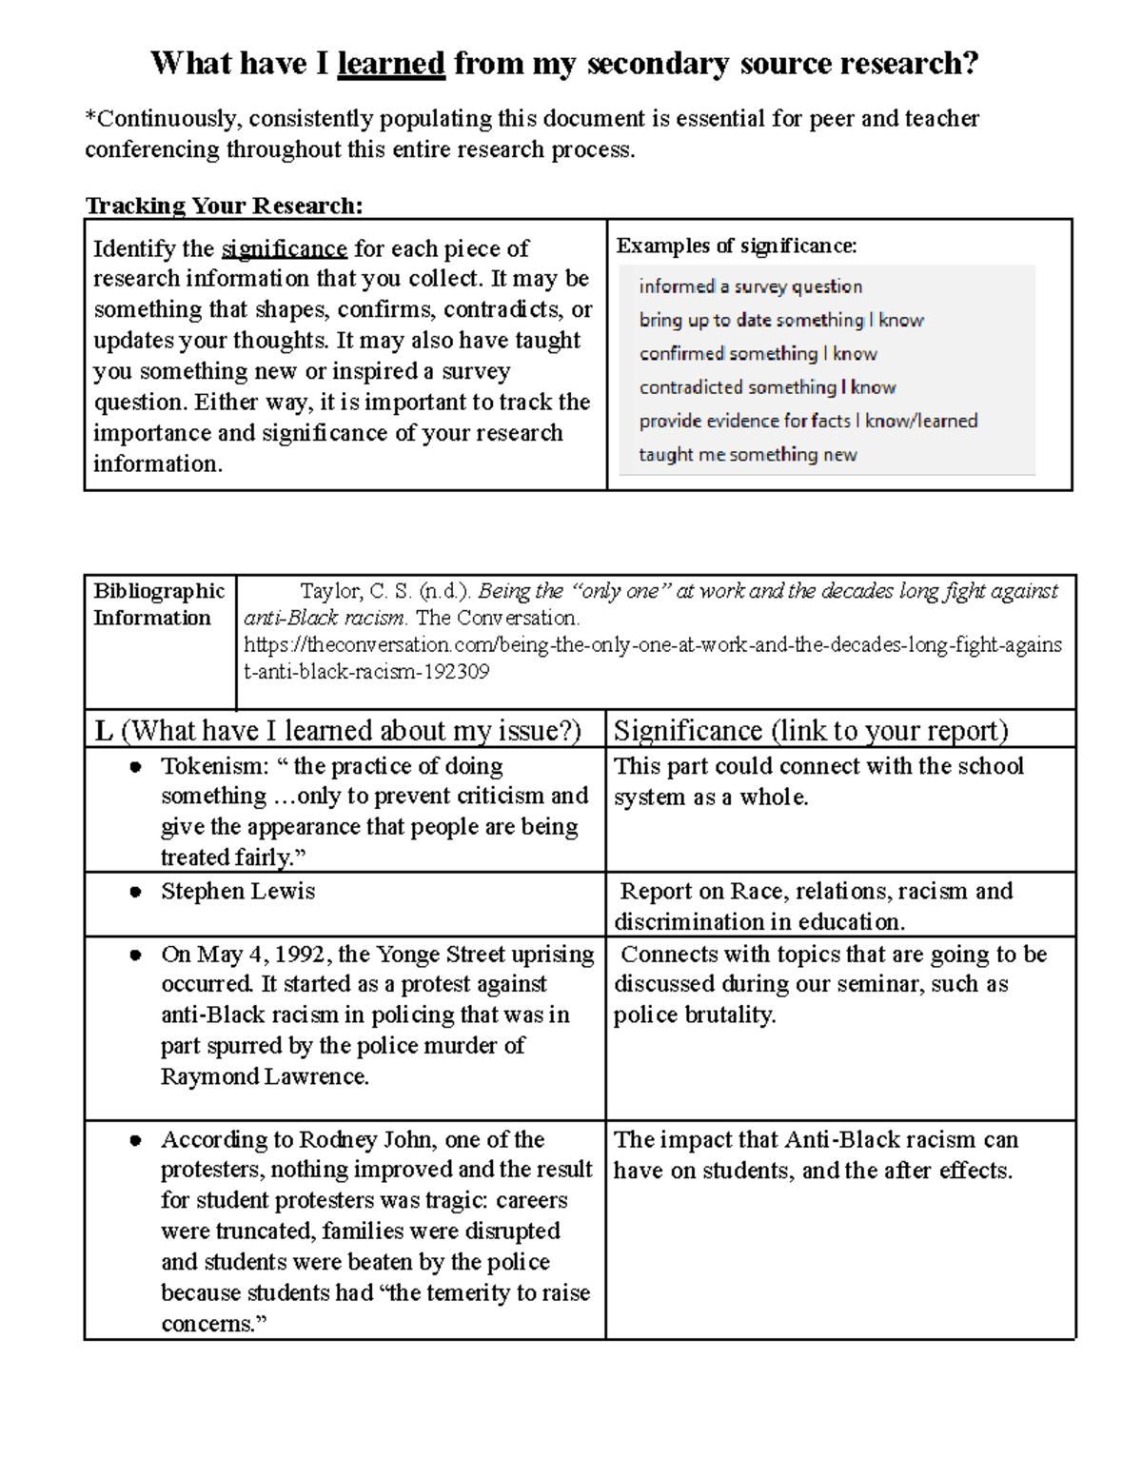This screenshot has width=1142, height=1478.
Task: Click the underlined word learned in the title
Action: [x=390, y=64]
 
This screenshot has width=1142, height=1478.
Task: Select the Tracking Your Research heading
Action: [x=224, y=206]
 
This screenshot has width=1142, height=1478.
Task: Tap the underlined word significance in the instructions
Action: [x=284, y=249]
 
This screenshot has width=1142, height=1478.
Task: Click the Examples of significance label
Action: [x=736, y=246]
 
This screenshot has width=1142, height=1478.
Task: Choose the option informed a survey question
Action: [x=750, y=286]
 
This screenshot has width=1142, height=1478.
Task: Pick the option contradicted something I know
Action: [x=767, y=387]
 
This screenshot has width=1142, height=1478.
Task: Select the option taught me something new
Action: [x=747, y=455]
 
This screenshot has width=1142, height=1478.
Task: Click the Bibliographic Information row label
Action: [x=158, y=604]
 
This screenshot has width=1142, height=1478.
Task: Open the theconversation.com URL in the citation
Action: [x=652, y=645]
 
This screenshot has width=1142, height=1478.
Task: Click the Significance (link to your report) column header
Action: [x=810, y=730]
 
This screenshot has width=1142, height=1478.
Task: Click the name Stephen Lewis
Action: [x=238, y=892]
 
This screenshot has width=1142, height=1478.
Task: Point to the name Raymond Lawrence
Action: [x=264, y=1077]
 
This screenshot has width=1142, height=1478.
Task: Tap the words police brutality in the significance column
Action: [x=694, y=1015]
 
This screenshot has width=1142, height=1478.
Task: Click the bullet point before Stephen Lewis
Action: [x=136, y=893]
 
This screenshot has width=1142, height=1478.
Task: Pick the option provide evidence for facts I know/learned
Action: [x=808, y=421]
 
